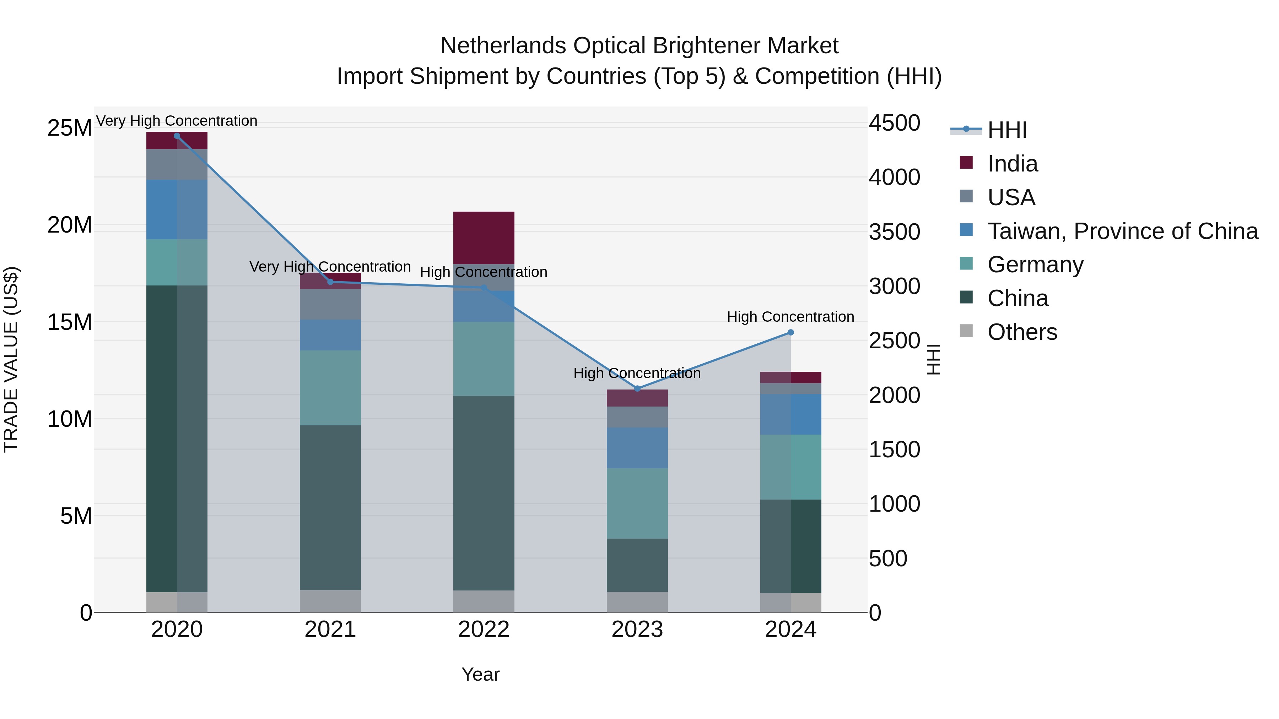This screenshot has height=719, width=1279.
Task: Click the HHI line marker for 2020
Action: [177, 136]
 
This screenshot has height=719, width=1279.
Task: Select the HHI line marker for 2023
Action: [637, 388]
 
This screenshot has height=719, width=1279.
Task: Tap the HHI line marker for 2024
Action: [791, 332]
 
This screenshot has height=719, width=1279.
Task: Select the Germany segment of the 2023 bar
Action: [637, 503]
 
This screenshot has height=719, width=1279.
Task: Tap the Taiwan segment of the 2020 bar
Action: [177, 209]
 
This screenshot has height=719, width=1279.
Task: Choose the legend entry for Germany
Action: [1035, 265]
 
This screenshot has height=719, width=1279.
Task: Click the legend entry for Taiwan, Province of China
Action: [1122, 231]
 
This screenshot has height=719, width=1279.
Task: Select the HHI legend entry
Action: [1007, 130]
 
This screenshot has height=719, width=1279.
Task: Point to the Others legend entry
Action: [1022, 332]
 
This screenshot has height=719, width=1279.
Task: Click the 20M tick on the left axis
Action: [70, 225]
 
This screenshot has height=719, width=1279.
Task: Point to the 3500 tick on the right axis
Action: [894, 232]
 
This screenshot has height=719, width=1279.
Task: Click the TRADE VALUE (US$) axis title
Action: [11, 359]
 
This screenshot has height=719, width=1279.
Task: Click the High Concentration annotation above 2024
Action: [790, 317]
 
